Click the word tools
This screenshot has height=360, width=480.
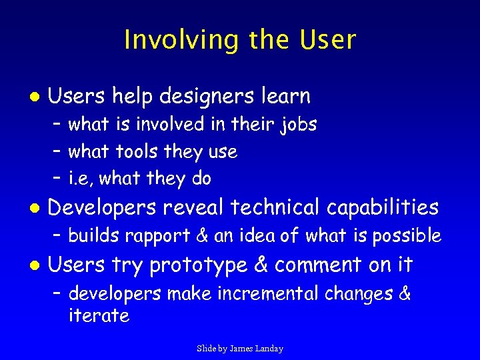134,152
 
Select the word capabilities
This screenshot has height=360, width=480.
383,208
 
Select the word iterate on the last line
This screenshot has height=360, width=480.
99,316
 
